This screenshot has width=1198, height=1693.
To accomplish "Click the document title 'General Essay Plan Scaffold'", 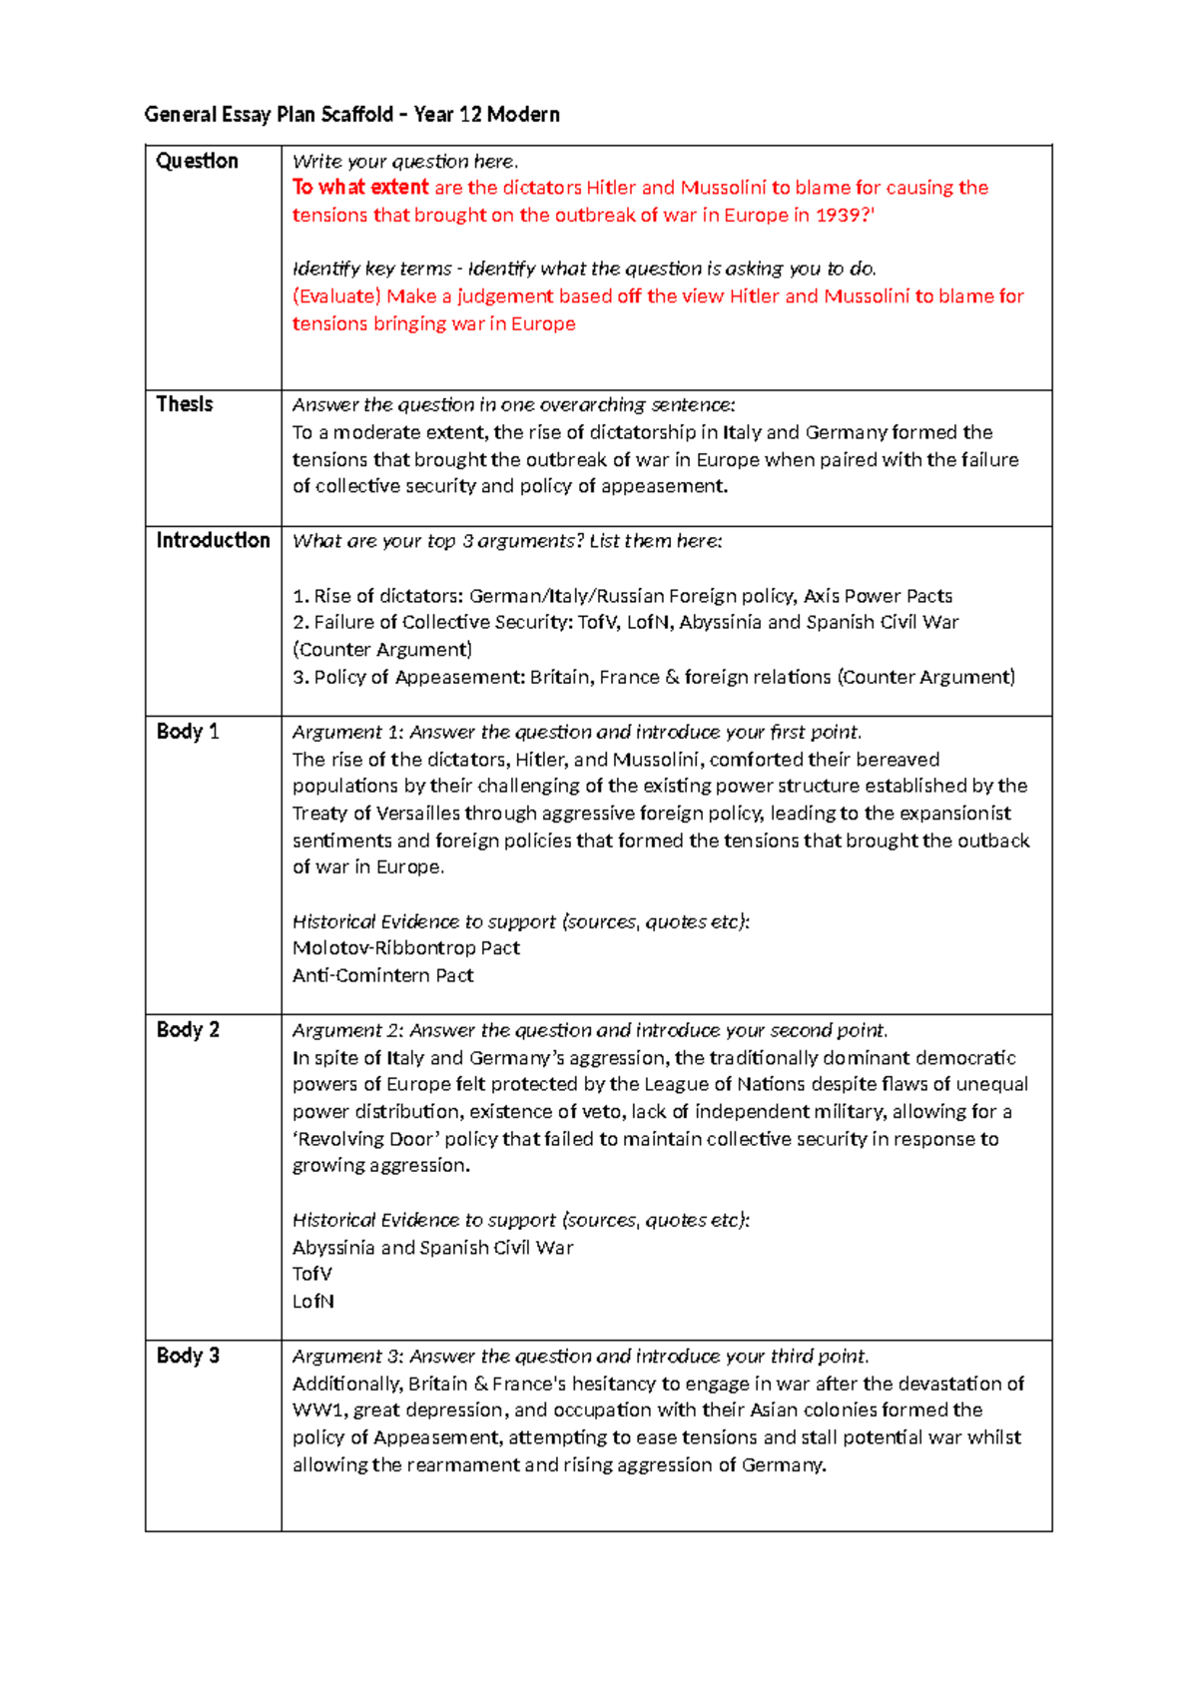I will point(270,115).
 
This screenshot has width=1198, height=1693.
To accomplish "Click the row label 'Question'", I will point(197,161).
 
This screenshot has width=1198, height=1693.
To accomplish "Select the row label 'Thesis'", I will point(185,404).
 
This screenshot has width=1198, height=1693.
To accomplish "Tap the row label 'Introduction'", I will point(213,540).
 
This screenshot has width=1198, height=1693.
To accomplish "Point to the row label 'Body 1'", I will point(188,732).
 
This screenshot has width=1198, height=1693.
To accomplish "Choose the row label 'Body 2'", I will point(188,1030).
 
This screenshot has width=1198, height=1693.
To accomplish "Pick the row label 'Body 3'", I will point(188,1356).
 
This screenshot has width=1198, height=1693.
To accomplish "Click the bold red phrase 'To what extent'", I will point(360,188).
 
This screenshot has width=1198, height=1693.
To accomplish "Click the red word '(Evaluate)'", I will point(336,296).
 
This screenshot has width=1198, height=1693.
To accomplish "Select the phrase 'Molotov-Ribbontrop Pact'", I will point(406,948).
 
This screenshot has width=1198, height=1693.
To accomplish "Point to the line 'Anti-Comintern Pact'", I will point(383,975).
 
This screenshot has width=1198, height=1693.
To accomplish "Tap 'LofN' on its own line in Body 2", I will point(313,1302).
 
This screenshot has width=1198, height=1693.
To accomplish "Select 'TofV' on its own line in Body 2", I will point(312,1275).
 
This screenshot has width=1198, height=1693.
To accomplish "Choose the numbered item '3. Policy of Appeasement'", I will point(408,678).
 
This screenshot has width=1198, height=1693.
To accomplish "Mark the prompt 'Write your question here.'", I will point(405,162).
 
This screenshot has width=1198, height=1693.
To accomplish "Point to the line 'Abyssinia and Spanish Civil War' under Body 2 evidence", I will point(432,1248).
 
